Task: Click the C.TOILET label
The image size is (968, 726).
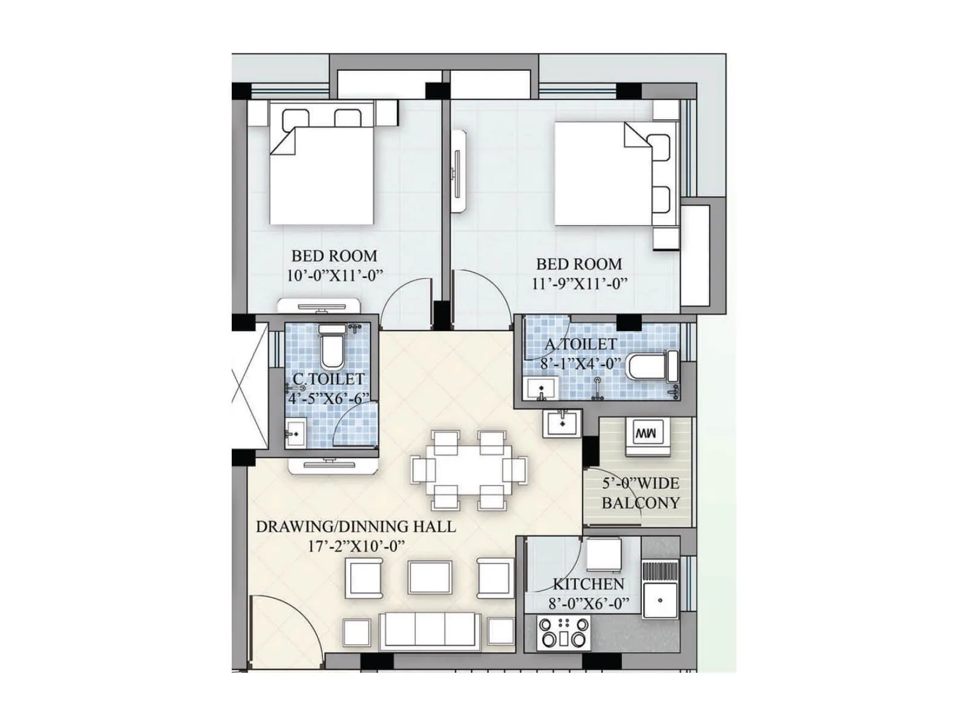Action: point(329,379)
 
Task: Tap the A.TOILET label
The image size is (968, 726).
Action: point(581,344)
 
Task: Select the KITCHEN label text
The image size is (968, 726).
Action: point(588,584)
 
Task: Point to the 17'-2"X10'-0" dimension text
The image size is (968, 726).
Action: point(356,546)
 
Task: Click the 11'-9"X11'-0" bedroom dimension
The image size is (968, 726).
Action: point(579,283)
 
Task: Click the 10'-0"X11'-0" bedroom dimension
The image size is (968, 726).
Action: point(335,275)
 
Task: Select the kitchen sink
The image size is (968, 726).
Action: point(660,600)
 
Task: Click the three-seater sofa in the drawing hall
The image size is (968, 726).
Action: point(430,630)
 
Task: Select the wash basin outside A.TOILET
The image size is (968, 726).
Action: point(562,422)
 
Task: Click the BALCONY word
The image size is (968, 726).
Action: point(640,503)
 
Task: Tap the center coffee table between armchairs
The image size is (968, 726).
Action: point(430,577)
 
